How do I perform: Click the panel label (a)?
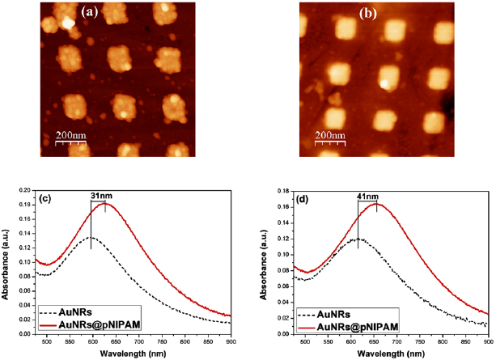tap(91, 11)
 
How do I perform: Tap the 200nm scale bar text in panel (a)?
tap(70, 135)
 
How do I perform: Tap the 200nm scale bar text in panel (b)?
tap(331, 133)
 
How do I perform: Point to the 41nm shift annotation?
tap(367, 195)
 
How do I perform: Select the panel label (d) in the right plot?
tap(307, 197)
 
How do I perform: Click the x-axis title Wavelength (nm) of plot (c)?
tap(138, 353)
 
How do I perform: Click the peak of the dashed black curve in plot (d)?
tap(357, 239)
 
